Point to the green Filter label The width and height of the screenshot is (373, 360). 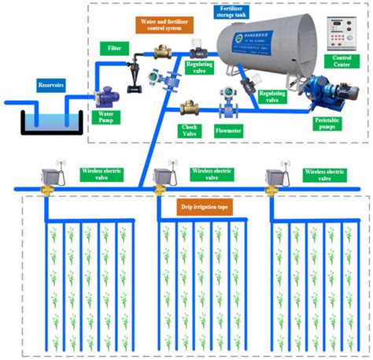coord(115,50)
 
